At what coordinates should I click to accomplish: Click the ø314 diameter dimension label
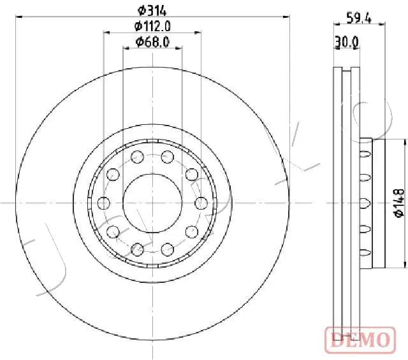[x=151, y=10]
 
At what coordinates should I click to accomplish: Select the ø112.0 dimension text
[x=151, y=26]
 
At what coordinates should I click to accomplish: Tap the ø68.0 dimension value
[x=151, y=42]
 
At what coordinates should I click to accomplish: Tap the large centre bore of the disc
[x=152, y=203]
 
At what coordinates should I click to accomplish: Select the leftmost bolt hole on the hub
[x=104, y=203]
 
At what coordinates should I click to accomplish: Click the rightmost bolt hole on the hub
[x=200, y=203]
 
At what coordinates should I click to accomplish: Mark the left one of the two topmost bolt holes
[x=136, y=157]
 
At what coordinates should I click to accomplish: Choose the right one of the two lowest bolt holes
[x=167, y=248]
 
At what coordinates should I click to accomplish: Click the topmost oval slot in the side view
[x=365, y=154]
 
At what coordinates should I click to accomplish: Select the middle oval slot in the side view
[x=365, y=203]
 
